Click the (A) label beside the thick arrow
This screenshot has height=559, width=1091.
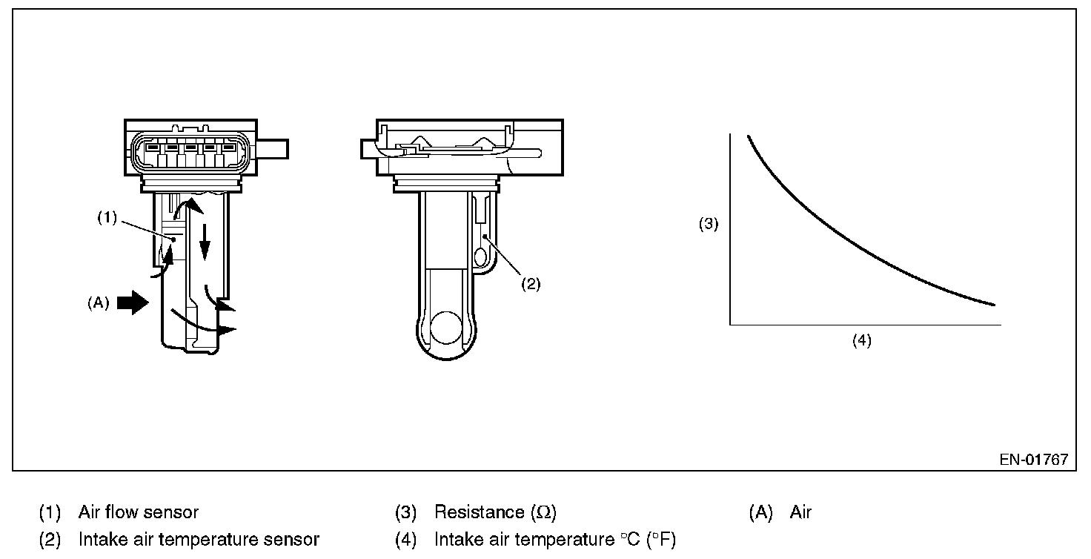coord(99,302)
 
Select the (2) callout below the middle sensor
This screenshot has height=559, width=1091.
coord(531,285)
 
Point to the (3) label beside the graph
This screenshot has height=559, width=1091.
coord(709,225)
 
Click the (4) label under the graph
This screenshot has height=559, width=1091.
coord(861,341)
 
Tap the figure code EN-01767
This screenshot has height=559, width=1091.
coord(1033,459)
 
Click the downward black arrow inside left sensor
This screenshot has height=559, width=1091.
coord(205,255)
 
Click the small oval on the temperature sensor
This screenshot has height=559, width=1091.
coord(480,257)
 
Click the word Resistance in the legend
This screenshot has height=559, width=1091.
coord(479,512)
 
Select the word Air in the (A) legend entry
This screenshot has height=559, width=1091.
coord(800,512)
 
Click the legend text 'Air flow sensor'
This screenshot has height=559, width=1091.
coord(139,512)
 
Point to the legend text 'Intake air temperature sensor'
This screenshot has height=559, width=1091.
coord(199,540)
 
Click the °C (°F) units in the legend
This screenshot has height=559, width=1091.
coord(643,540)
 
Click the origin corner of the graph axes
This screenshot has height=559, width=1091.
coord(731,324)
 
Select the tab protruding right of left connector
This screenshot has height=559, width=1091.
coord(276,150)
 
